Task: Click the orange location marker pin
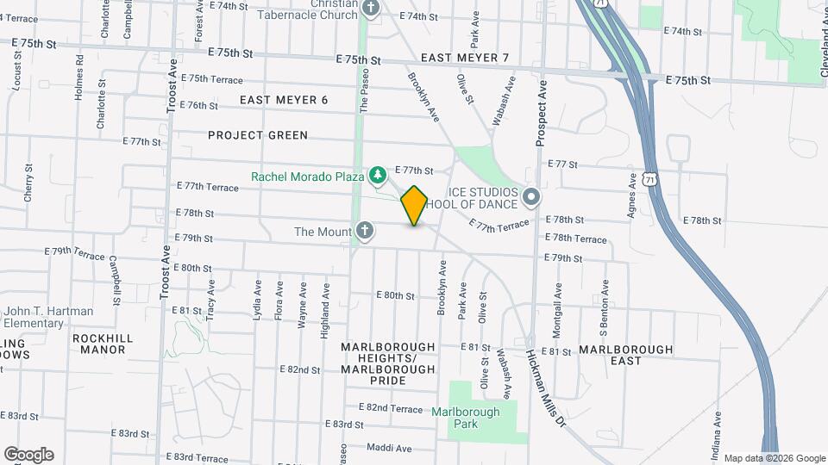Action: click(415, 206)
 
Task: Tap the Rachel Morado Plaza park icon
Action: click(377, 177)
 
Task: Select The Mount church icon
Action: click(365, 231)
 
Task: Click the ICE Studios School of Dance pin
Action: click(531, 198)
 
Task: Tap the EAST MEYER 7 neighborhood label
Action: click(465, 58)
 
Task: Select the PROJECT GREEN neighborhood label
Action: click(258, 135)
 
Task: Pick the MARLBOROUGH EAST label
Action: click(625, 355)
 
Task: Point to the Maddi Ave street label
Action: click(389, 449)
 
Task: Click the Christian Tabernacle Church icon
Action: click(371, 9)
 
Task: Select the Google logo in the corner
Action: click(28, 454)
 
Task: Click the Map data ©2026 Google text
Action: click(774, 458)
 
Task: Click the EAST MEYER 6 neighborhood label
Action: click(284, 100)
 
